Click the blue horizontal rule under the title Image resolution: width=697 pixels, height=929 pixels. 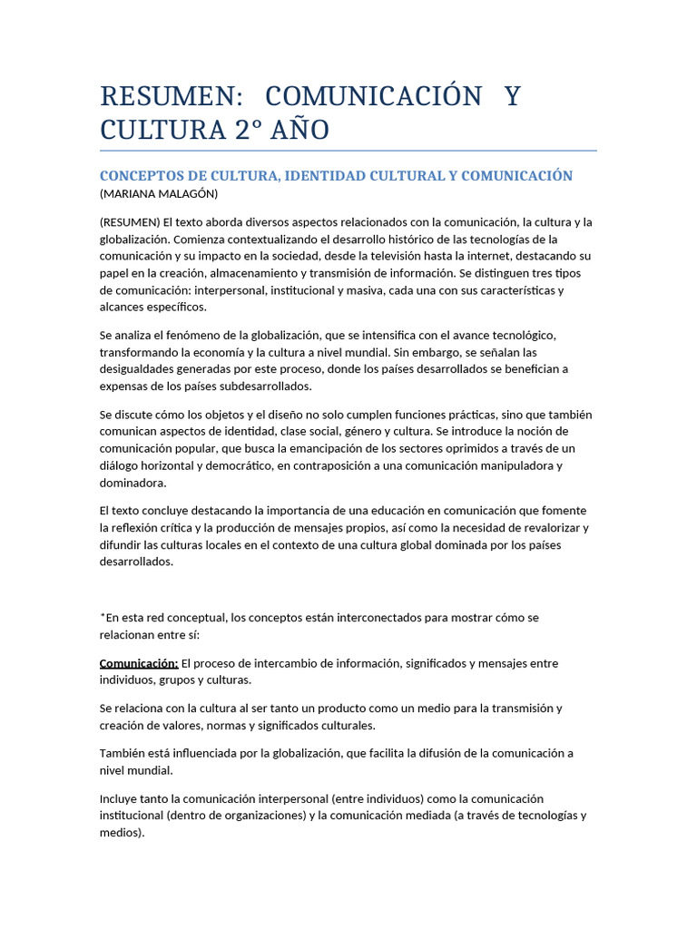(348, 151)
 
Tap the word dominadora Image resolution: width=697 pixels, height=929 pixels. (133, 484)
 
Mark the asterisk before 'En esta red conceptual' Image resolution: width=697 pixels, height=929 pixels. (103, 616)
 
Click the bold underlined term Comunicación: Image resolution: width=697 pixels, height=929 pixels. (139, 663)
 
